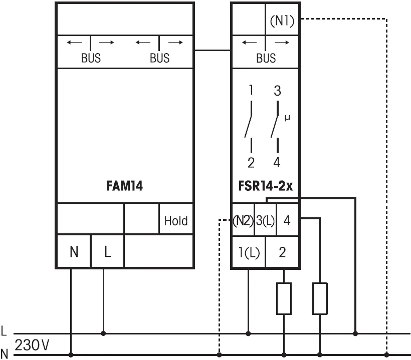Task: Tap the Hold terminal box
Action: tap(176, 221)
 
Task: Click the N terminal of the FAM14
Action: tap(74, 252)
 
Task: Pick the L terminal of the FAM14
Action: tap(107, 252)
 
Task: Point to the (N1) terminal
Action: tap(282, 21)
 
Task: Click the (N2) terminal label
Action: tap(243, 221)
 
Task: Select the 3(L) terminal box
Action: tap(265, 221)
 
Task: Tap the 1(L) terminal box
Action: tap(248, 252)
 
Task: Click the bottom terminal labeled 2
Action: tap(282, 252)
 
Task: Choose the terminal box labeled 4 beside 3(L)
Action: tap(287, 220)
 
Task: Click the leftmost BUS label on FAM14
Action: tap(91, 58)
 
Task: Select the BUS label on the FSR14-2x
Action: tap(266, 58)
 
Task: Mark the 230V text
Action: tap(33, 345)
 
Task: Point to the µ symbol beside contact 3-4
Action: tap(287, 119)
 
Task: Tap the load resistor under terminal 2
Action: tap(284, 298)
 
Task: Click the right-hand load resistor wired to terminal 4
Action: tap(320, 298)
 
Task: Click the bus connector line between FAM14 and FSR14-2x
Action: tap(212, 50)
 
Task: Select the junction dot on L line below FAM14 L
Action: tap(104, 333)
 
